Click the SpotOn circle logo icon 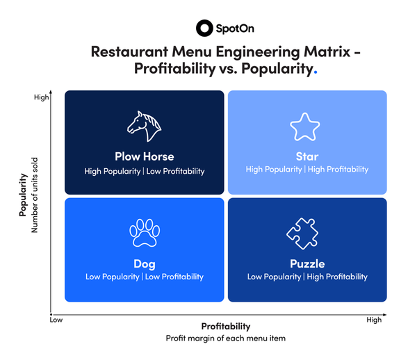pyautogui.click(x=204, y=28)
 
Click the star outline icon pyautogui.click(x=304, y=126)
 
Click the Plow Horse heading pyautogui.click(x=145, y=156)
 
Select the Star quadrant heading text pyautogui.click(x=306, y=156)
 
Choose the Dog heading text pyautogui.click(x=144, y=264)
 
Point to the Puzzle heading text pyautogui.click(x=307, y=264)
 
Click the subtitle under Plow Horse pyautogui.click(x=145, y=171)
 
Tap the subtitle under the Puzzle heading pyautogui.click(x=307, y=277)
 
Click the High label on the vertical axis pyautogui.click(x=42, y=98)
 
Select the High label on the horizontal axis pyautogui.click(x=374, y=320)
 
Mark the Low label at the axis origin pyautogui.click(x=58, y=321)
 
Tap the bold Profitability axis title pyautogui.click(x=225, y=326)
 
